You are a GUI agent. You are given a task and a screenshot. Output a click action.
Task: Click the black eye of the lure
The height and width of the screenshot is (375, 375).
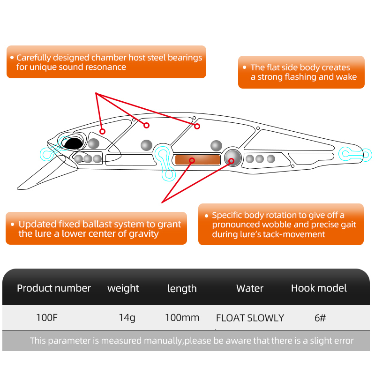click(x=72, y=143)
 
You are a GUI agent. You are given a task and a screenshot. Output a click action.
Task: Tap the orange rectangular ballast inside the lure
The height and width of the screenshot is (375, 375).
click(x=197, y=160)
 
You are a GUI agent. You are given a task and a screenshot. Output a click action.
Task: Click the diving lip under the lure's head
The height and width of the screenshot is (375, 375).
click(x=45, y=172)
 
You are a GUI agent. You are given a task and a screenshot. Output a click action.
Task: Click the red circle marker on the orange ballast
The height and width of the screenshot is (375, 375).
click(x=192, y=160)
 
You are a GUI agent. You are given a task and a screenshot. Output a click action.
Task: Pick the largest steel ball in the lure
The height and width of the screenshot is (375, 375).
click(x=232, y=157)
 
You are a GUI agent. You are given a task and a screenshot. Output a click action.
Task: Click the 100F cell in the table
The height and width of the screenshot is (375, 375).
click(x=47, y=318)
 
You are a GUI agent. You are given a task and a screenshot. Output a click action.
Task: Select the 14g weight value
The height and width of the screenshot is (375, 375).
click(x=127, y=318)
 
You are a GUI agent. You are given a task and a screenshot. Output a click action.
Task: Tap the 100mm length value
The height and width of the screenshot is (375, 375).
click(x=182, y=318)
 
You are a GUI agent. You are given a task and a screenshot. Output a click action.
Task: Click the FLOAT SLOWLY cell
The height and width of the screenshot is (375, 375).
click(x=250, y=318)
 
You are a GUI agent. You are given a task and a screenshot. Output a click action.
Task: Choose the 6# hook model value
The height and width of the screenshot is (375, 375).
click(x=320, y=318)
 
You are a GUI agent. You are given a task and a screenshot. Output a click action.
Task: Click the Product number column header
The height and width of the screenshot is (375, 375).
click(x=54, y=288)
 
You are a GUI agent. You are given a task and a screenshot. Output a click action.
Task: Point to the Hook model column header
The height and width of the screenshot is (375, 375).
click(x=319, y=288)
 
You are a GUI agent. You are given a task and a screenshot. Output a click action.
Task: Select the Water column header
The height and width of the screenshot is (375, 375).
click(x=250, y=288)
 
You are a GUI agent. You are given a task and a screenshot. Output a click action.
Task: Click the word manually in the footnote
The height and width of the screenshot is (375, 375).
click(x=163, y=341)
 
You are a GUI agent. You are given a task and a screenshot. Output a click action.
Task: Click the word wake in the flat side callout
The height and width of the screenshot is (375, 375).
click(x=347, y=77)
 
